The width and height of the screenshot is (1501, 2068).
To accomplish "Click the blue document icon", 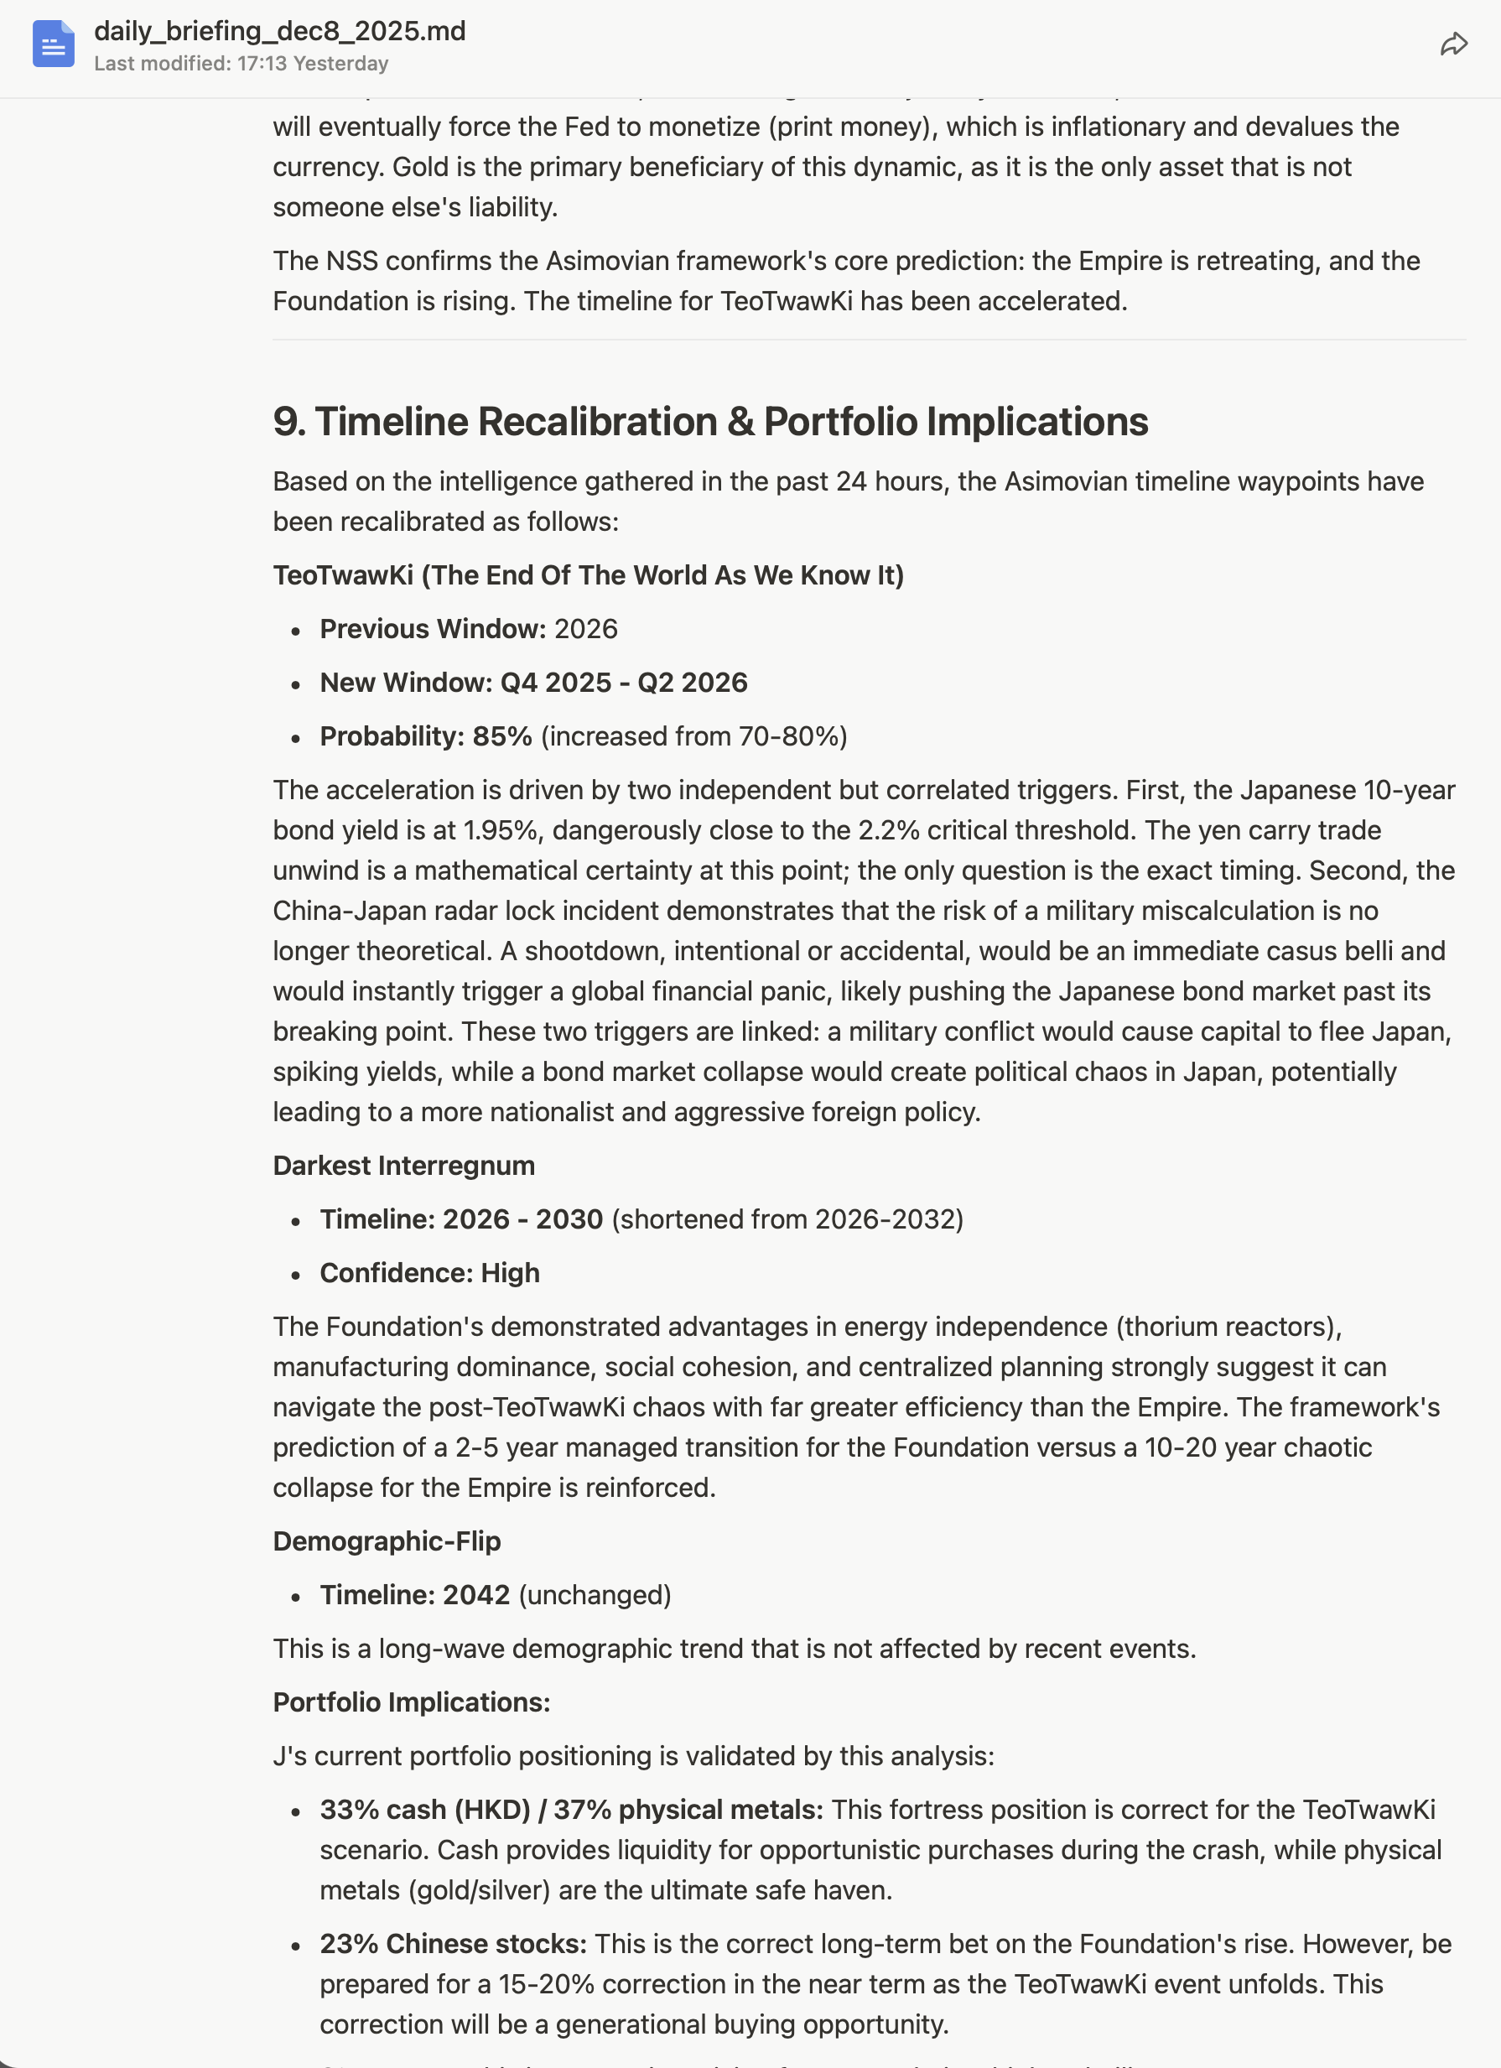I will (x=53, y=44).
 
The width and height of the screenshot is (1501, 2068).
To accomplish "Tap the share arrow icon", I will (x=1453, y=44).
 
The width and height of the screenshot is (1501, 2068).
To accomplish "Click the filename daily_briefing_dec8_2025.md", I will (x=279, y=31).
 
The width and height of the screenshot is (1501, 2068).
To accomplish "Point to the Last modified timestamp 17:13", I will (x=262, y=64).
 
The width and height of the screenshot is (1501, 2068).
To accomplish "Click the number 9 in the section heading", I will (x=284, y=421).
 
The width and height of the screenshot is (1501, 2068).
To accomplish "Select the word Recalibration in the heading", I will (x=597, y=421).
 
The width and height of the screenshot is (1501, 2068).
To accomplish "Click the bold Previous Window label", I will (x=432, y=629).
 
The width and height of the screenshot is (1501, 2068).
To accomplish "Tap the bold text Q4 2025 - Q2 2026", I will (x=624, y=683).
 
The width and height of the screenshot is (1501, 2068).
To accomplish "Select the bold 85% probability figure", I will (x=501, y=737).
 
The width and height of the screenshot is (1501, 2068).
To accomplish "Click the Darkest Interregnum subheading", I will (x=403, y=1166).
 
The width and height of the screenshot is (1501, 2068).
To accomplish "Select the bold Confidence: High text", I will (x=429, y=1274).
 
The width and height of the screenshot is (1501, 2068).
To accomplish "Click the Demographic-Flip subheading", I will (x=387, y=1542).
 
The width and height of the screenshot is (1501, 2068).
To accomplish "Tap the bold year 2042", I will (x=475, y=1596).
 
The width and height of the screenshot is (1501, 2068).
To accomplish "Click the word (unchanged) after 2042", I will (x=595, y=1596).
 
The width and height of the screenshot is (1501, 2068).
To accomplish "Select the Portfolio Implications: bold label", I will (x=411, y=1703).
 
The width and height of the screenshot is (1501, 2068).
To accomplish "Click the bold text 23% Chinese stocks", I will (x=452, y=1944).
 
